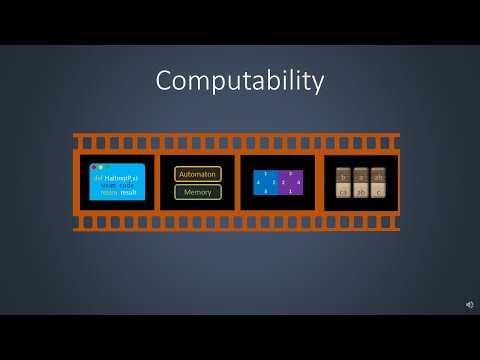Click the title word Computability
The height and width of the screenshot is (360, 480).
(x=239, y=81)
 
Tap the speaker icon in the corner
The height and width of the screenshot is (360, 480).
(x=469, y=304)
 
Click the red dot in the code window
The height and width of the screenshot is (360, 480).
(x=94, y=167)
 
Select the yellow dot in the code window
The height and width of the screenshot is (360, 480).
(x=100, y=167)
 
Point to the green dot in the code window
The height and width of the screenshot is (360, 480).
(x=106, y=167)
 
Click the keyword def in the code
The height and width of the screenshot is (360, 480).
(x=98, y=177)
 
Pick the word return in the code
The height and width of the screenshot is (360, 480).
(x=107, y=192)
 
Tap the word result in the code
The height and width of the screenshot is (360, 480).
(x=128, y=192)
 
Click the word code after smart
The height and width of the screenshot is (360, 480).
(x=128, y=185)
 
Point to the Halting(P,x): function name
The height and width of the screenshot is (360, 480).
(x=122, y=177)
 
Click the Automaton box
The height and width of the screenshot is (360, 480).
(x=197, y=174)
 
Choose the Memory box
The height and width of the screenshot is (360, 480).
(x=197, y=191)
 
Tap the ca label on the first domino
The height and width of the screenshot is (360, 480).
(x=343, y=191)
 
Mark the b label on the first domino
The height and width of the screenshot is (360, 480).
(x=343, y=175)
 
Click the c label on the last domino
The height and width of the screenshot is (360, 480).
(x=378, y=191)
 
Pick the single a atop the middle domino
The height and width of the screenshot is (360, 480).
(x=361, y=175)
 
